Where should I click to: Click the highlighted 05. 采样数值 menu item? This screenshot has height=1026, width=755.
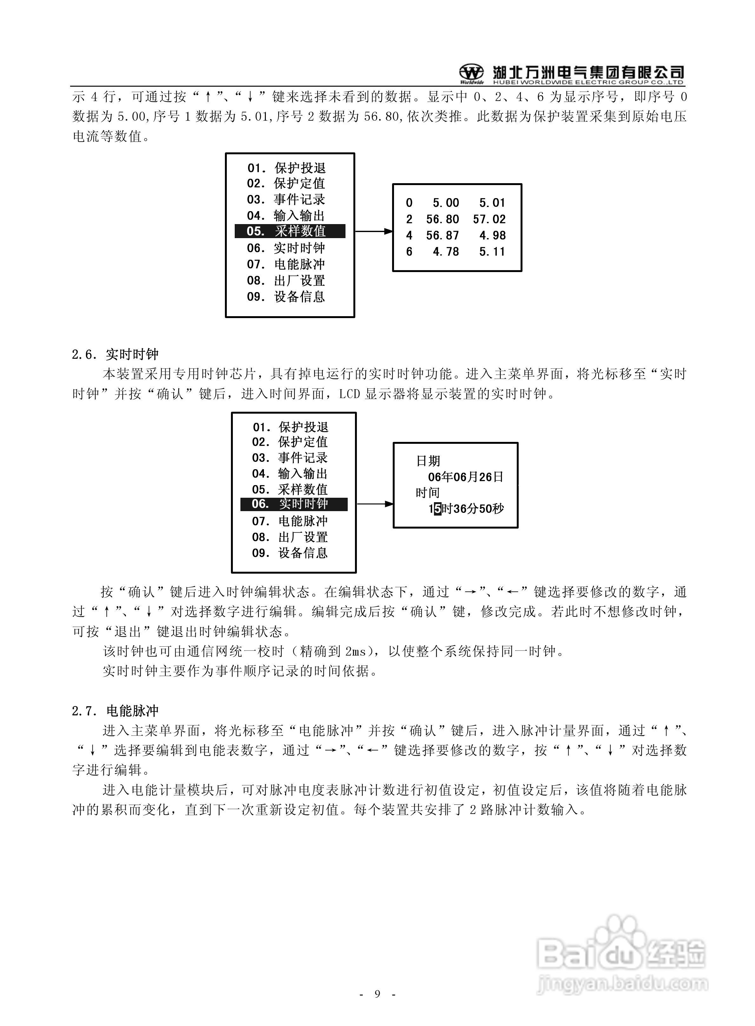[x=290, y=231]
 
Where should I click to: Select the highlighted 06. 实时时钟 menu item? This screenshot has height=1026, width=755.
[x=293, y=504]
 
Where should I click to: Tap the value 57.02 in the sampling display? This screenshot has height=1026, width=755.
[x=489, y=219]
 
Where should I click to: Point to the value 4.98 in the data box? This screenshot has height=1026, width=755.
[x=492, y=236]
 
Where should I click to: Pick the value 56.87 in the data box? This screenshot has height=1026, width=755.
[x=443, y=236]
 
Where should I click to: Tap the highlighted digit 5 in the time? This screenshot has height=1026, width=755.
[x=437, y=509]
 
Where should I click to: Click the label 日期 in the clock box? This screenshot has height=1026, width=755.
[x=428, y=461]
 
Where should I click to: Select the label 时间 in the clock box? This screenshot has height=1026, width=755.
[x=428, y=493]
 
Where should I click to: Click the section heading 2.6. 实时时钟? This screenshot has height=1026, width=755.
[x=115, y=354]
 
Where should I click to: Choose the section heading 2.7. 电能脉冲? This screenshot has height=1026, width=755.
[x=115, y=711]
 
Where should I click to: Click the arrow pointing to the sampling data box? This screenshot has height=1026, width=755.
[x=373, y=231]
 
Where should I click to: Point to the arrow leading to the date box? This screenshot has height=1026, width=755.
[x=375, y=504]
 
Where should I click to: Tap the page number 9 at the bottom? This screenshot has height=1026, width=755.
[x=377, y=994]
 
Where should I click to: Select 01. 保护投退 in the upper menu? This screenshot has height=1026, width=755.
[x=286, y=168]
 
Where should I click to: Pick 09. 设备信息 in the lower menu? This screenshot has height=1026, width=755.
[x=290, y=553]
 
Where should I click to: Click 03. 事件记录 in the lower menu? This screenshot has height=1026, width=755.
[x=290, y=458]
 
